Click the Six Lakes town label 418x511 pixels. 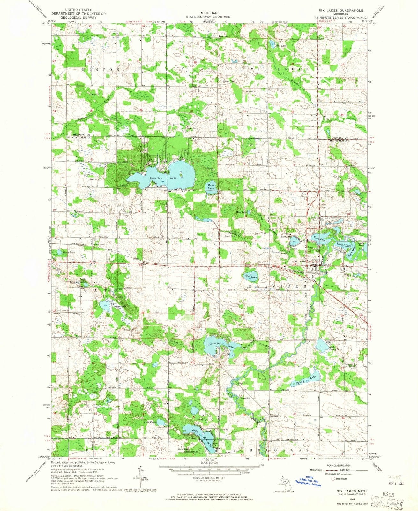299,261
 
